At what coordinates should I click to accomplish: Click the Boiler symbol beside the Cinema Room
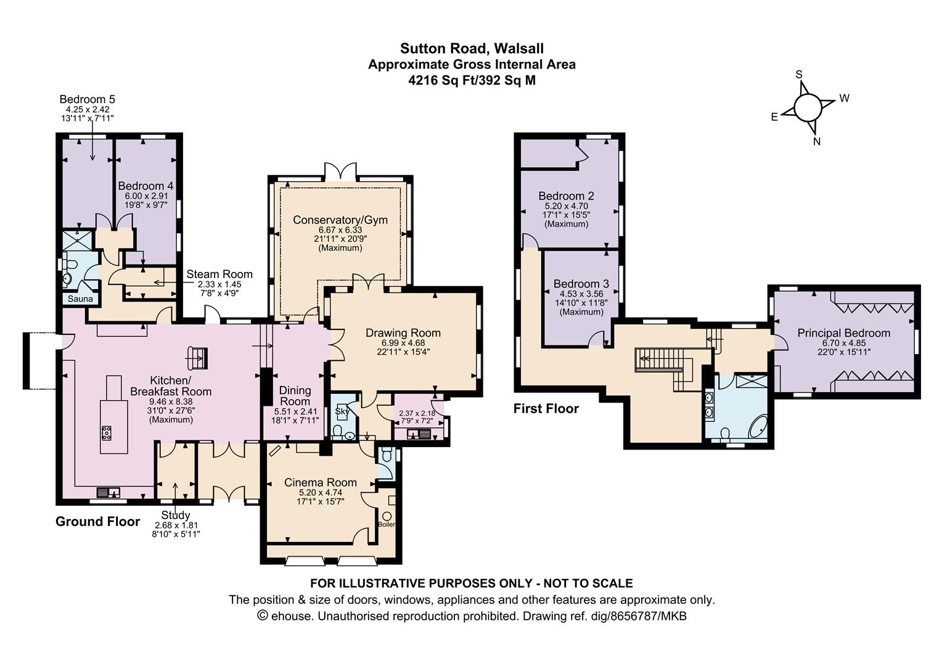coord(387,516)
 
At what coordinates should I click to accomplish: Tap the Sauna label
coord(80,299)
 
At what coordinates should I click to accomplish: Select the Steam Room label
coord(219,274)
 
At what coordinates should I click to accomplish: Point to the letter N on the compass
coord(817,141)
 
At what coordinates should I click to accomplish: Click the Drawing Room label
coord(403,333)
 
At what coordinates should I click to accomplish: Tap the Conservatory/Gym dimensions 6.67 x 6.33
coord(340,230)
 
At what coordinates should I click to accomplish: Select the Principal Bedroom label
coord(843,333)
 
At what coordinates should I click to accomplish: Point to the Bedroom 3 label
coord(581,284)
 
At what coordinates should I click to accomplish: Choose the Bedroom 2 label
coord(566,196)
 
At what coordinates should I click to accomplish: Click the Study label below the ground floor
coord(176,515)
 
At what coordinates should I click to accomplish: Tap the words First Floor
coord(546,408)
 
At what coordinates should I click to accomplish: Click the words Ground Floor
coord(97,522)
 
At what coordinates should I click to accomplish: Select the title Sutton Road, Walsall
coord(472,48)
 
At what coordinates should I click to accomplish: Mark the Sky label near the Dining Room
coord(342,411)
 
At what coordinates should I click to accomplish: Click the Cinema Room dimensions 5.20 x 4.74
coord(320,493)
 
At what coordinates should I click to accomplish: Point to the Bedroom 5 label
coord(87,99)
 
